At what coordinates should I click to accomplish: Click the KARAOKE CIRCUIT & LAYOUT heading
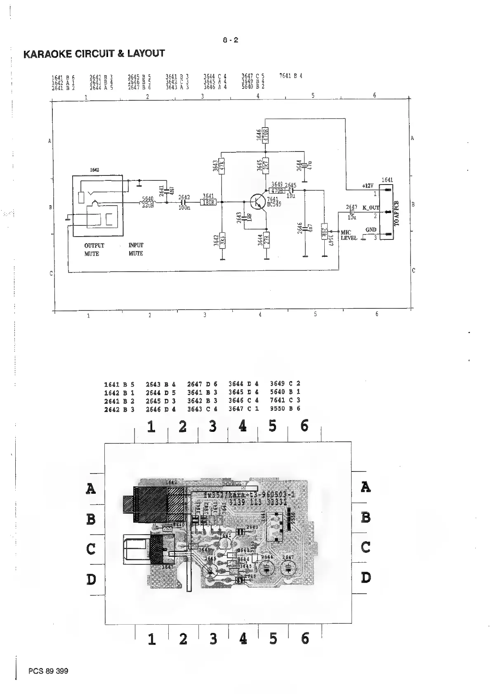coord(94,54)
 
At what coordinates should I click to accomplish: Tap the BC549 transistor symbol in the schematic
coord(257,202)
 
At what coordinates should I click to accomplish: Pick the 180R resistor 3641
coord(208,202)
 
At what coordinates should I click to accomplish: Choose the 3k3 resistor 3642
coord(222,240)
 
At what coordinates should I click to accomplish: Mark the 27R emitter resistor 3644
coord(267,240)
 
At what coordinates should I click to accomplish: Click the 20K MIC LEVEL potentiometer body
coord(324,234)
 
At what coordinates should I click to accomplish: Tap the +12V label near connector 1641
coord(368,186)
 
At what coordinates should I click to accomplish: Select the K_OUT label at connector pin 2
coord(370,208)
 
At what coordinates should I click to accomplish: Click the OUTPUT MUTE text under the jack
coord(94,249)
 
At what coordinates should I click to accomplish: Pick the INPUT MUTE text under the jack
coord(136,249)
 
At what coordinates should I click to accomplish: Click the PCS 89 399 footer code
coord(48,671)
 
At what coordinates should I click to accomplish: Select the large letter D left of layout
coord(91,580)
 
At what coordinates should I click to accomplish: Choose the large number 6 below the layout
coord(305,639)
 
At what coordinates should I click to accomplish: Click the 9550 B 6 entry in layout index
coord(285,409)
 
